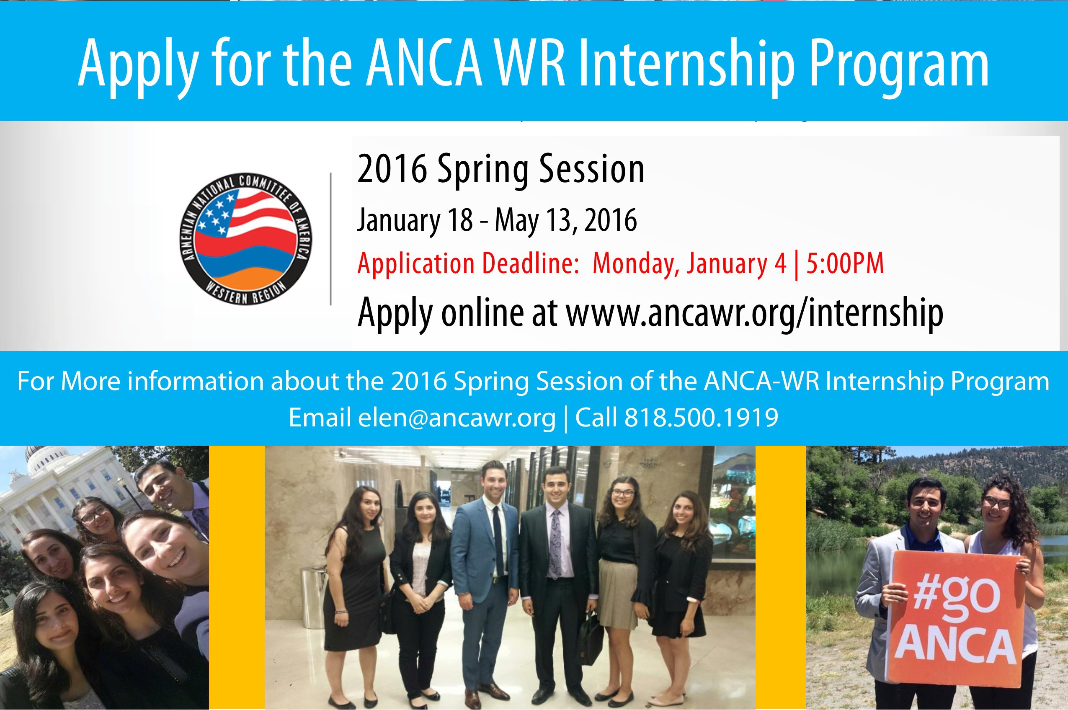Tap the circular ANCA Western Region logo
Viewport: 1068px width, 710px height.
coord(246,239)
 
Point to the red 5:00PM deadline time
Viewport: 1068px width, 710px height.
coord(845,263)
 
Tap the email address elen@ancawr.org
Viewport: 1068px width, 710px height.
coord(457,418)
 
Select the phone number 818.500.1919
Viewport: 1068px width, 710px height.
coord(701,417)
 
